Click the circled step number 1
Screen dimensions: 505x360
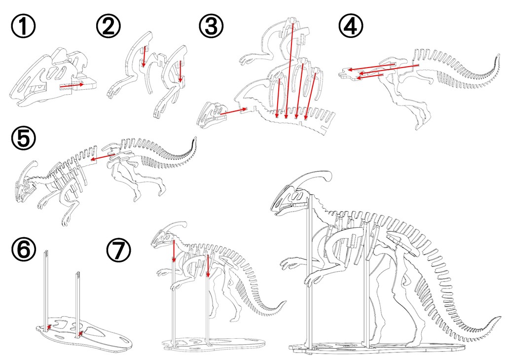coord(23,26)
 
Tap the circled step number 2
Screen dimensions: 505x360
coord(109,26)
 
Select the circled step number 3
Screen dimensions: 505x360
coord(211,26)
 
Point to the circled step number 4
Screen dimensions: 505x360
coord(351,26)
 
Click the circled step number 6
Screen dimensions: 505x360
coord(23,250)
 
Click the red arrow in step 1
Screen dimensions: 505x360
coord(72,86)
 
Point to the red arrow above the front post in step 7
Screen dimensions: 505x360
coord(174,251)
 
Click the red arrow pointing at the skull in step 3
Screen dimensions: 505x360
coord(233,111)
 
